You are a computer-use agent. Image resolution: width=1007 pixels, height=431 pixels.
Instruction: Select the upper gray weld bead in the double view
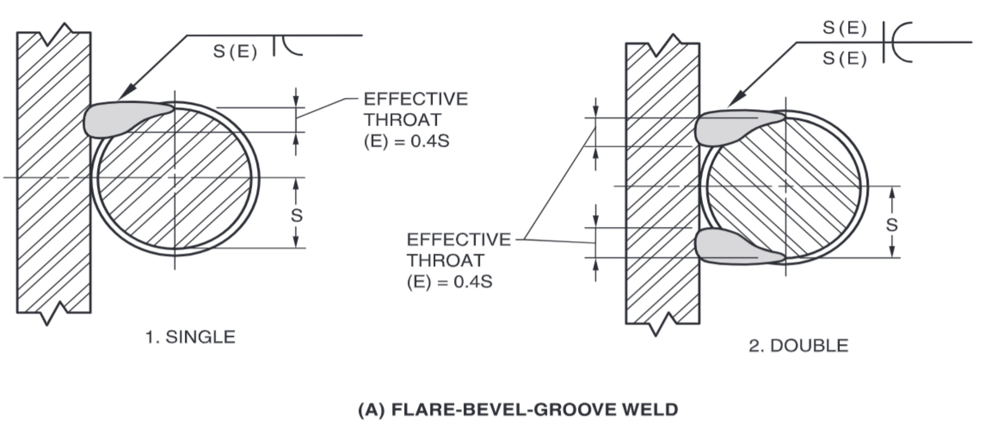click(725, 127)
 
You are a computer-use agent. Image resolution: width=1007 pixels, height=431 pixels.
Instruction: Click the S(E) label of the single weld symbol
click(235, 52)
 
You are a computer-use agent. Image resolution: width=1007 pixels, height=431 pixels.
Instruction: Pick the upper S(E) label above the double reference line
click(845, 28)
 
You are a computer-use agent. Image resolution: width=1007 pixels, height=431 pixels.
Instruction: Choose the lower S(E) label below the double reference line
click(845, 58)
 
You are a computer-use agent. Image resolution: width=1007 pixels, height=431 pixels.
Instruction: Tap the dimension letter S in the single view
click(297, 215)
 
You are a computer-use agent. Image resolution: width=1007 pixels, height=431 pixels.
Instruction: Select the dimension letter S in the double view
click(892, 225)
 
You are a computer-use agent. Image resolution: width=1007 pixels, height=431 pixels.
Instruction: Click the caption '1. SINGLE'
click(190, 337)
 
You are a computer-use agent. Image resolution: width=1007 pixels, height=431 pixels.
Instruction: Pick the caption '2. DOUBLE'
click(799, 346)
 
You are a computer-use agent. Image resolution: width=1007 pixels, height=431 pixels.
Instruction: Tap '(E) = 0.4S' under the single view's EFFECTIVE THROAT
click(407, 141)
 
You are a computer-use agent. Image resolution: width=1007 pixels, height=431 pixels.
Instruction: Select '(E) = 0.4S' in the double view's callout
click(449, 282)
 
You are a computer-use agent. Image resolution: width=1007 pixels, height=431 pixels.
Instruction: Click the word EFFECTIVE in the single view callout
click(416, 99)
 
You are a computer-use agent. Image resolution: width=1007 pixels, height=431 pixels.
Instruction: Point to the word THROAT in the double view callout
click(445, 261)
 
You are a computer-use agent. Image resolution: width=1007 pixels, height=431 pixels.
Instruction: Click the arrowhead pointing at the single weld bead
click(126, 92)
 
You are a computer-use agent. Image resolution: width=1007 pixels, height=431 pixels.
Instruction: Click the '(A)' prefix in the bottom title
click(371, 410)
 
